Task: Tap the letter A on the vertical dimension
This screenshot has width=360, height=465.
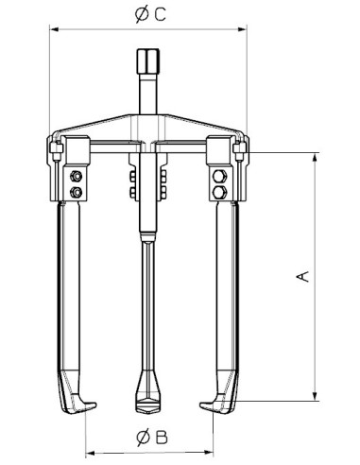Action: click(x=301, y=276)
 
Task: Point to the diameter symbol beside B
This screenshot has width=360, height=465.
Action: click(x=141, y=437)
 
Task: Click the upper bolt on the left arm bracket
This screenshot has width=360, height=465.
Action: click(x=74, y=177)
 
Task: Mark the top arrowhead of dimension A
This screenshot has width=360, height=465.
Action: click(x=312, y=156)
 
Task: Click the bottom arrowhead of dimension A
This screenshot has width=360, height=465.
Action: click(x=312, y=398)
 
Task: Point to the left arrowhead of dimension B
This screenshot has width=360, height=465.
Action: click(x=90, y=450)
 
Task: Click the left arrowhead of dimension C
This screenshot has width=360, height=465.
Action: click(x=52, y=27)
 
